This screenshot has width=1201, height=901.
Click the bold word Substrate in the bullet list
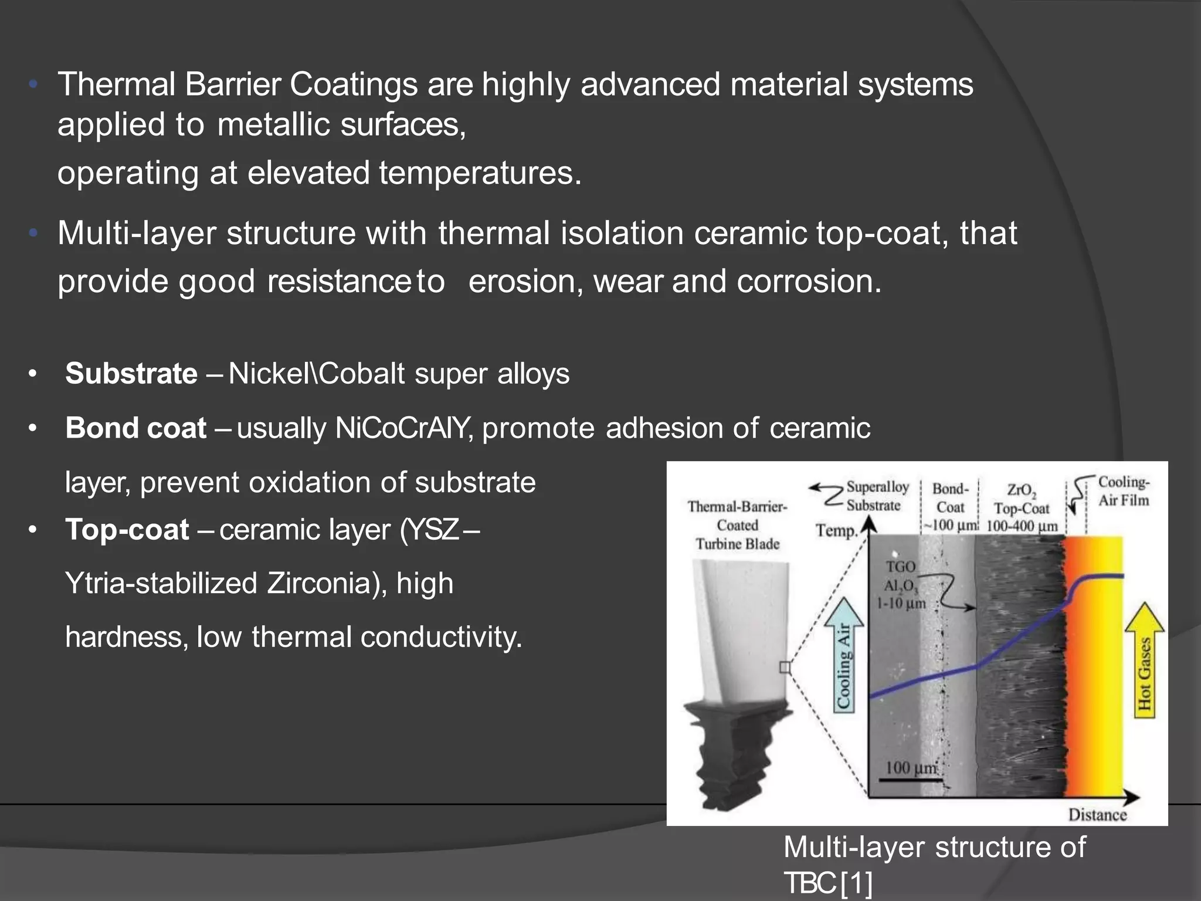(131, 374)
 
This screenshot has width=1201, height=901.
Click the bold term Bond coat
(135, 428)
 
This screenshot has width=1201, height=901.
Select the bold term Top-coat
(127, 530)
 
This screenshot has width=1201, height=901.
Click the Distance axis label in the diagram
(1097, 815)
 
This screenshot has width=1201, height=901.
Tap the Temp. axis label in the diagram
(836, 531)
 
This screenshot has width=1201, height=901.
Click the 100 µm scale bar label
(911, 768)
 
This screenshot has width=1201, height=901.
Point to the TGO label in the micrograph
(900, 567)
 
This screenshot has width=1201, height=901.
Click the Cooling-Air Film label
(1123, 491)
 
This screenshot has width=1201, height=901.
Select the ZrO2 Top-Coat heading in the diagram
(1021, 507)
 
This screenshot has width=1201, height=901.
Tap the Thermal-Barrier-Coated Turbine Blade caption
(737, 525)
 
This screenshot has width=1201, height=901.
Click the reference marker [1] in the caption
(856, 883)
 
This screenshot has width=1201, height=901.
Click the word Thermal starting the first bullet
(116, 84)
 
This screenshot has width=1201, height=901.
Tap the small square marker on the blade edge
(785, 668)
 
